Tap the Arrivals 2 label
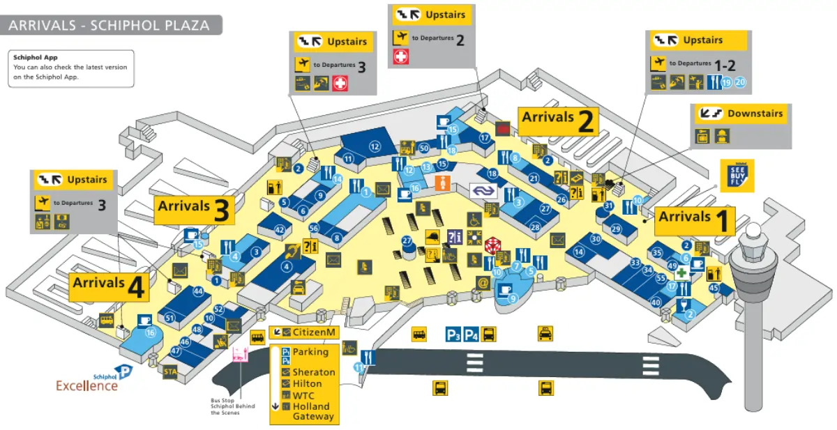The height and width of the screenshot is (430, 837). coord(559,121)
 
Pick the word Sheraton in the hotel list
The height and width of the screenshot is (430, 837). coord(313,372)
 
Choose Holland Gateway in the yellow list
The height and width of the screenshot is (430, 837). coord(313,411)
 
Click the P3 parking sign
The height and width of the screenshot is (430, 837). coord(454,335)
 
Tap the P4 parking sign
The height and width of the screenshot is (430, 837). coord(472,335)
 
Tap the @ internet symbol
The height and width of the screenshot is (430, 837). coord(482,282)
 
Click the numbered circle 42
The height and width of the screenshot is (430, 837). coord(280,229)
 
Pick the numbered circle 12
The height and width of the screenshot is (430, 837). coord(375,146)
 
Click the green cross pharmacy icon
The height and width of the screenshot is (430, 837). coord(681,274)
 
